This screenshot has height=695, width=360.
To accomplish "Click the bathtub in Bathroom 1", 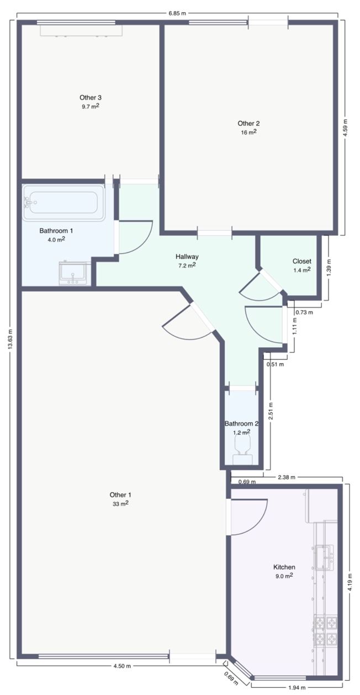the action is pos(64,203).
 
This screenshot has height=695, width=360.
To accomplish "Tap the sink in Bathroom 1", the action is pos(75,273).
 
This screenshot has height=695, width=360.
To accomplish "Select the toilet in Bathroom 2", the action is pos(242,449).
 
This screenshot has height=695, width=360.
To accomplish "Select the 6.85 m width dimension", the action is pos(177,13).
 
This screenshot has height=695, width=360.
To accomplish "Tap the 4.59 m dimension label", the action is pos(345,128).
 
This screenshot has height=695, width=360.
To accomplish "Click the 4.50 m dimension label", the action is pos(122,666).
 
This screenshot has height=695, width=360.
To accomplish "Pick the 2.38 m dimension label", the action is pos(287,477).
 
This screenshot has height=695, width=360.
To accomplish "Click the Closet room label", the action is pos(301,261).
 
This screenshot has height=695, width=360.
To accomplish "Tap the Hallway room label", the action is pos(187,256).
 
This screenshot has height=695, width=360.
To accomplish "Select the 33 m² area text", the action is pos(120,503).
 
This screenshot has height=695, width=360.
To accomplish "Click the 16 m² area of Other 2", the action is pos(248,132).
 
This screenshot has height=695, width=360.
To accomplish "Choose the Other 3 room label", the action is pos(91,97).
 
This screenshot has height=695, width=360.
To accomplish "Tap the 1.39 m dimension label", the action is pos(329,267).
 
